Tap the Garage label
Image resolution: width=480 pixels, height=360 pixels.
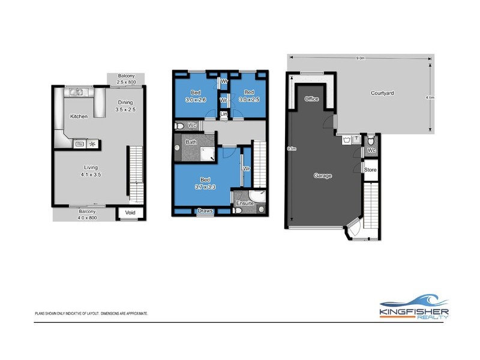323,176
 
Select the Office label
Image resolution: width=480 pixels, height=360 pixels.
311,98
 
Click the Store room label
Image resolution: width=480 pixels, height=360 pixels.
371,170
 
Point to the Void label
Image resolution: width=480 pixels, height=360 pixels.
129,212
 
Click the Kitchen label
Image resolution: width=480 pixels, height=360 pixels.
80,116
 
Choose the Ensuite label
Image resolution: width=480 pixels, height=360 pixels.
244,204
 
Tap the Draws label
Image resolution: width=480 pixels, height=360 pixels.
205,211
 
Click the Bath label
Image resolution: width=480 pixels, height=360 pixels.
191,142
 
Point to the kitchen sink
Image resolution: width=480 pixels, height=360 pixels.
77,92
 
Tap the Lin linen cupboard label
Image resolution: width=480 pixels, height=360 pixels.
224,113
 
